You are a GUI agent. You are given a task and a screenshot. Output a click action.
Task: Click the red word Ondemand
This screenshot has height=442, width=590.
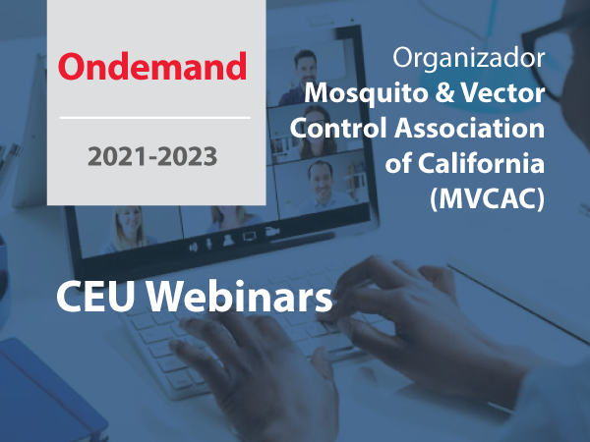point(152,66)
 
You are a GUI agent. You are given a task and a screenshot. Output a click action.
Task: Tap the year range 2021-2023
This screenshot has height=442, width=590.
point(152,156)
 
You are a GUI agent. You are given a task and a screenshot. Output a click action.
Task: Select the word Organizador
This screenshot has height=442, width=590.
point(469,58)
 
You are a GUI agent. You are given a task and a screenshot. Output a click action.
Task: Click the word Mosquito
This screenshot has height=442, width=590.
point(367,94)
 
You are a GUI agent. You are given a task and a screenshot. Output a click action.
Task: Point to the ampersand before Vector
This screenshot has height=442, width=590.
point(445,92)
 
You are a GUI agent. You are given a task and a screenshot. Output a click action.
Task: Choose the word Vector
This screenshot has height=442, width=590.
point(502,92)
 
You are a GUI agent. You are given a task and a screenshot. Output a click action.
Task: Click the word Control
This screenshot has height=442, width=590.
point(338,128)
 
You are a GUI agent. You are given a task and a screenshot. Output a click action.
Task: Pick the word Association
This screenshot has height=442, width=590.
point(470,128)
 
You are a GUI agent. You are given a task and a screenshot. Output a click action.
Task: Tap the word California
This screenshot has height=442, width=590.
point(481,163)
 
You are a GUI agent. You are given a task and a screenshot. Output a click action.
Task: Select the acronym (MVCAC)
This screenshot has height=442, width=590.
point(488,198)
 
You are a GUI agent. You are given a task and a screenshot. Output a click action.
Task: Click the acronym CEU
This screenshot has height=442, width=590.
point(95,296)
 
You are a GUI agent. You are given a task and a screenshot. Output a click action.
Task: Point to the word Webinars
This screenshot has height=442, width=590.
point(239,296)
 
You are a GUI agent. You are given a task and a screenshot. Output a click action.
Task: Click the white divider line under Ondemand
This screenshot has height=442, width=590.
point(155,118)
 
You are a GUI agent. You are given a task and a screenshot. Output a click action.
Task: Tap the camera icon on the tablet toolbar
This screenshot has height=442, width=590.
point(272,231)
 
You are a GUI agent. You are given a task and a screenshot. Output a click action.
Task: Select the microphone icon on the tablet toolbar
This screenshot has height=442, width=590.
point(208,245)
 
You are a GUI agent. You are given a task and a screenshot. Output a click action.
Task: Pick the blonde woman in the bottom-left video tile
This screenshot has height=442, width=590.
point(128,229)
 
